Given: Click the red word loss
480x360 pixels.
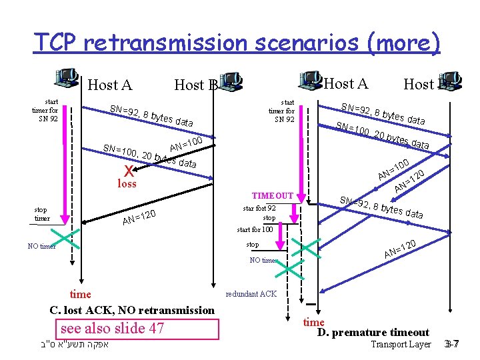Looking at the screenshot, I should (x=127, y=183).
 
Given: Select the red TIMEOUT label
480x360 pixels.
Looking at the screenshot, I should (x=271, y=196).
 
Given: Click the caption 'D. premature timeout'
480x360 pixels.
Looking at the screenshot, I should (x=373, y=332).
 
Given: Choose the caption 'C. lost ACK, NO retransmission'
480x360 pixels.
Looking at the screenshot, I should (x=132, y=310).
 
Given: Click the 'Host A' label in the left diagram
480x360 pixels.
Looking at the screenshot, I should (x=110, y=85).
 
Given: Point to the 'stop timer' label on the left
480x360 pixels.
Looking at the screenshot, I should (x=42, y=213).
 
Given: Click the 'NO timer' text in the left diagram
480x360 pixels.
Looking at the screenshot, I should (x=42, y=247).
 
